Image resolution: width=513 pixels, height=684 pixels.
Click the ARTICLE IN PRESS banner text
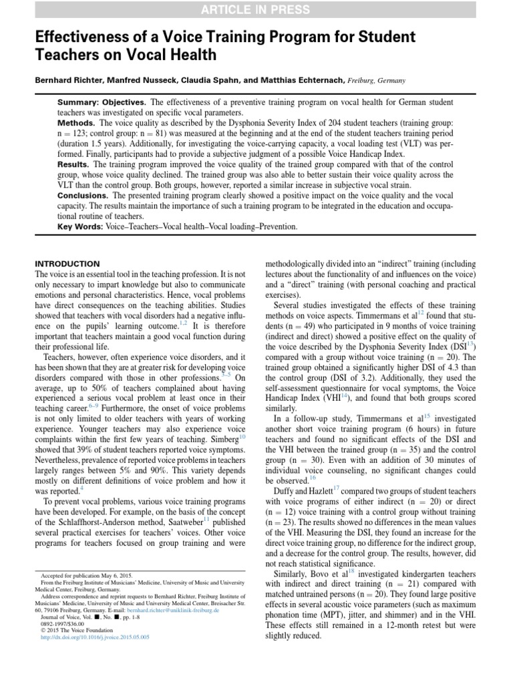pyautogui.click(x=256, y=9)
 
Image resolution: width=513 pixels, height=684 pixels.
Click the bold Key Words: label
pyautogui.click(x=80, y=226)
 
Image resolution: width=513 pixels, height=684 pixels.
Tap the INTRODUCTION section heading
pyautogui.click(x=67, y=264)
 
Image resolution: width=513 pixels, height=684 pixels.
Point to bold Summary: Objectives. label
pyautogui.click(x=101, y=102)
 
